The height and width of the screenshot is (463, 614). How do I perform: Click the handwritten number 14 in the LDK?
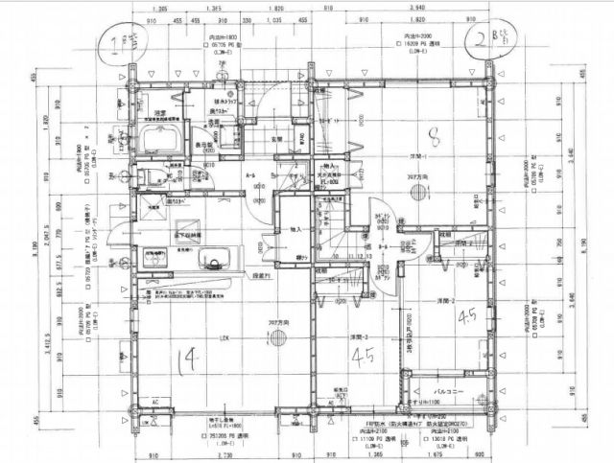(x=188, y=361)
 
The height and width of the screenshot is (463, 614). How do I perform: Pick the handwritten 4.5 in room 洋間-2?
(x=468, y=315)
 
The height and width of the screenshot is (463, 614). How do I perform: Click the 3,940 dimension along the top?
(x=417, y=9)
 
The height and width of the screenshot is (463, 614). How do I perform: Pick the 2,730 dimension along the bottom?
(x=226, y=455)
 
